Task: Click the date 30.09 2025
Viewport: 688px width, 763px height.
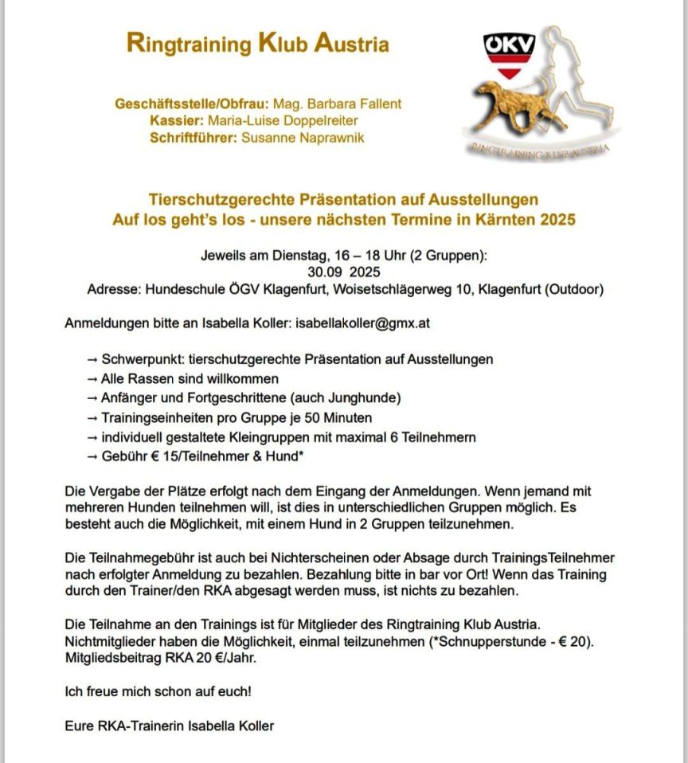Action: tap(345, 272)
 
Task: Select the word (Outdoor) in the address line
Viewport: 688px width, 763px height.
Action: tap(573, 289)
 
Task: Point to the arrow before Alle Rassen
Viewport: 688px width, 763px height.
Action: tap(92, 378)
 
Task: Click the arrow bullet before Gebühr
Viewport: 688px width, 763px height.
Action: tap(92, 456)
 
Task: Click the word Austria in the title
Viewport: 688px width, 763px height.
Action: tap(352, 44)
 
